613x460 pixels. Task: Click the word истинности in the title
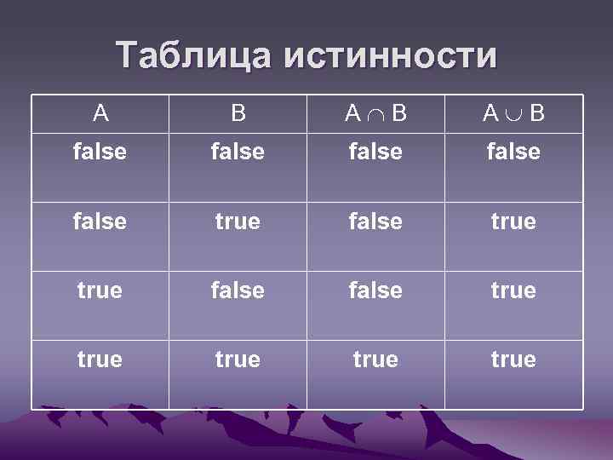pos(391,55)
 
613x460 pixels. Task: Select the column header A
pos(100,112)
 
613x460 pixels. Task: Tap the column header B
pos(238,112)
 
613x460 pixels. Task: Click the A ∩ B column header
pos(375,112)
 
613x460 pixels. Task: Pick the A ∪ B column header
pos(513,112)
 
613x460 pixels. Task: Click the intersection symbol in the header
pos(375,113)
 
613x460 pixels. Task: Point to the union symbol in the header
pos(513,113)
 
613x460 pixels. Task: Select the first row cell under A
pos(100,152)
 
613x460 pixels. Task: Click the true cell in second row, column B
pos(238,221)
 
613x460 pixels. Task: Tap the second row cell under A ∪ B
pos(513,221)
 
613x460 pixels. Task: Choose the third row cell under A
pos(100,290)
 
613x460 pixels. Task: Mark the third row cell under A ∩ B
pos(375,290)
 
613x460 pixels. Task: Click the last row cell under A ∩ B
pos(375,359)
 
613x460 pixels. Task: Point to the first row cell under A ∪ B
pos(513,152)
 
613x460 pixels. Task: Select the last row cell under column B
pos(238,359)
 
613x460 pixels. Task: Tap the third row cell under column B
pos(238,290)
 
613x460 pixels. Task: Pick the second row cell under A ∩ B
pos(375,221)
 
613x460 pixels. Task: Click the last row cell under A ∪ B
pos(513,359)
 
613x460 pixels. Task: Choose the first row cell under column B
pos(238,152)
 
